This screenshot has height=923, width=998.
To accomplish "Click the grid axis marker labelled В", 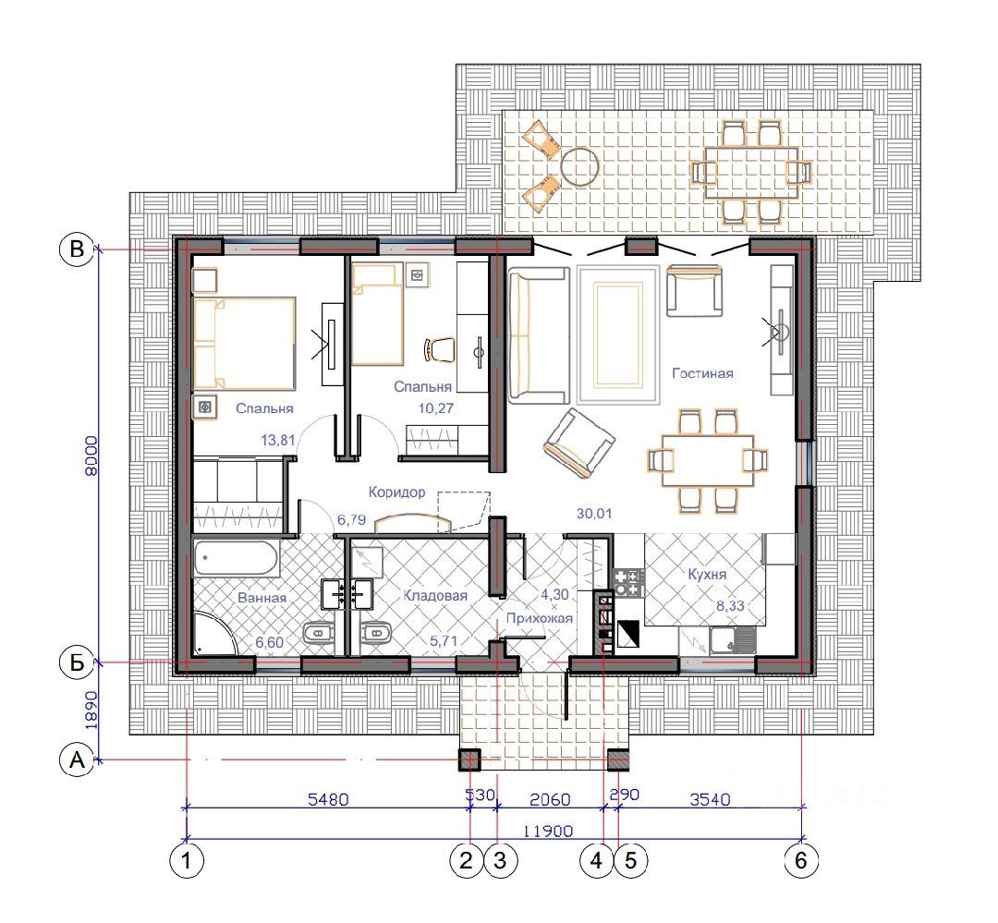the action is point(77,249).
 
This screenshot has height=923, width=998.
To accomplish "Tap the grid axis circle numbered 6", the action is point(800,860).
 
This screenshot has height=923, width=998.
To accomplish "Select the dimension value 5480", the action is point(328,799).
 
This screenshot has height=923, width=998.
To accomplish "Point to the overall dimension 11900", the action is point(548,831).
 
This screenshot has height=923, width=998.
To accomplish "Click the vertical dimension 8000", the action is point(91,455).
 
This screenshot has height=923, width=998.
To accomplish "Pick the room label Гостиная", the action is point(702,373).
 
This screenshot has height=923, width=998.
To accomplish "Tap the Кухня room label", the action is point(707,574).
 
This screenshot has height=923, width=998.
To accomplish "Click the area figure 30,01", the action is point(594,513).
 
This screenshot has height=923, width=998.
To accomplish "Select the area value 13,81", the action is point(278,440).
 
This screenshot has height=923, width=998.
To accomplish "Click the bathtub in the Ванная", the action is point(237,558).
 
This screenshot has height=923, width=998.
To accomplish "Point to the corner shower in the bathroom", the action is point(214,634).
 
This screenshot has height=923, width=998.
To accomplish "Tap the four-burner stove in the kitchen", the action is point(629,583).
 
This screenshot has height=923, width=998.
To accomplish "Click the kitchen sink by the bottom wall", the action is point(733,639).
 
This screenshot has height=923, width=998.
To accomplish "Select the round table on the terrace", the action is point(579,167).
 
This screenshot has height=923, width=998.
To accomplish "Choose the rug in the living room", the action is point(617,334).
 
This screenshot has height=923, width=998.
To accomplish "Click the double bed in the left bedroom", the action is point(244,343).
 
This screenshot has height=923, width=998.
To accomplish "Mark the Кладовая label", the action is point(435,596).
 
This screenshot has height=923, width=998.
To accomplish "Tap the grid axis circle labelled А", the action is point(77,760).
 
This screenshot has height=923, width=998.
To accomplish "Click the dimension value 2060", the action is point(550,799).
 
